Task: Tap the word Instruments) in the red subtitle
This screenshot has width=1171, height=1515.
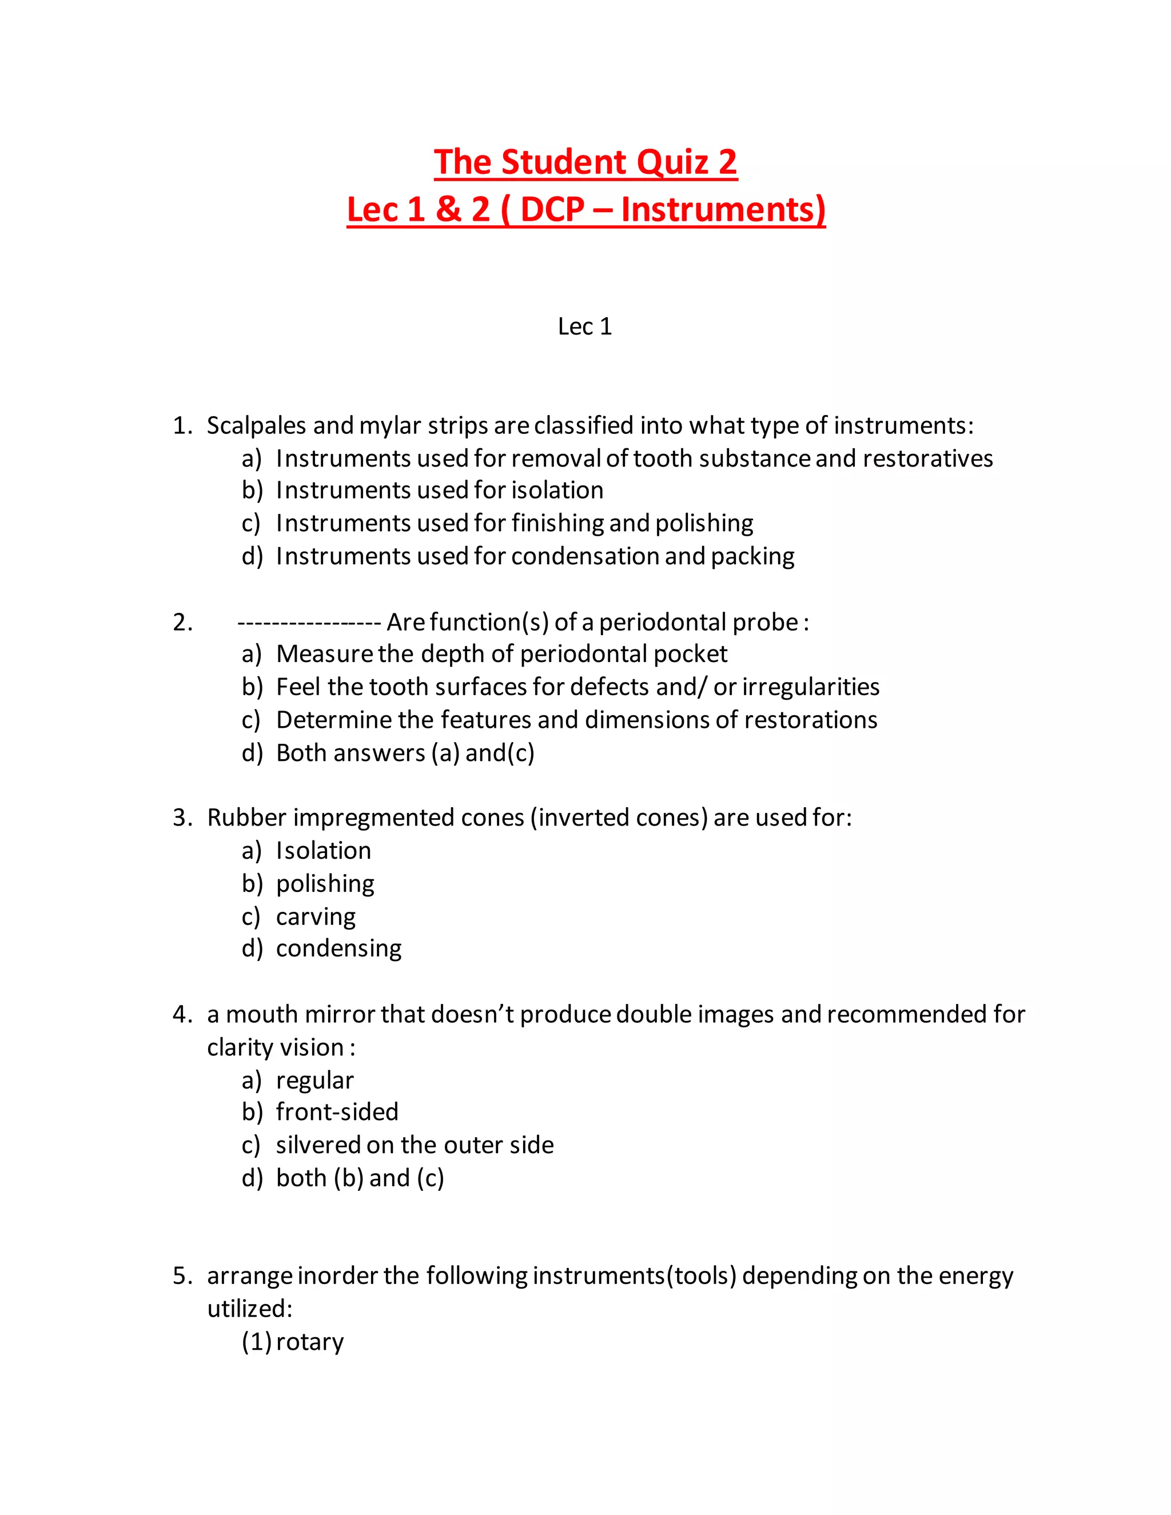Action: click(723, 209)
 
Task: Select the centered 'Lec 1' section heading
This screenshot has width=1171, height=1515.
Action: click(585, 326)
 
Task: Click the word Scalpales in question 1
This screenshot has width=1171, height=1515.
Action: click(257, 425)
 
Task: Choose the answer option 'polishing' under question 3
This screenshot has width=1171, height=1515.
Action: click(325, 884)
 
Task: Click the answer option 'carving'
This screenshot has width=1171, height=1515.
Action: click(316, 917)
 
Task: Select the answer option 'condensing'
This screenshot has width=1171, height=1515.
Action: click(338, 948)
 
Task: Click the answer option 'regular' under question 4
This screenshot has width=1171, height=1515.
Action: click(314, 1081)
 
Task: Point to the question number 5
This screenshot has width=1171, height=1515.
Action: click(182, 1275)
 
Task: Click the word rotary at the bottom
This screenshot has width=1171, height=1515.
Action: click(309, 1342)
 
